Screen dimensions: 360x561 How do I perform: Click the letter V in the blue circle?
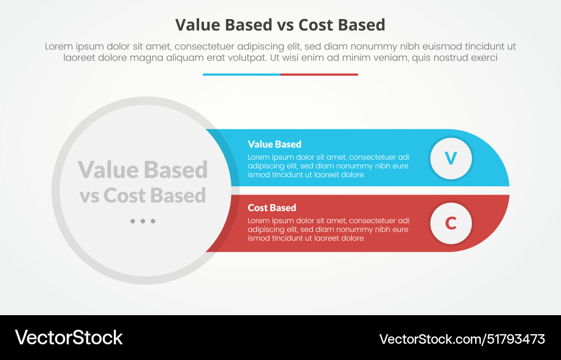pos(451,159)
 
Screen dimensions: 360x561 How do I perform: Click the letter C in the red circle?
pos(451,223)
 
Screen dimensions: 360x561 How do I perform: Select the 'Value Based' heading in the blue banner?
pos(274,144)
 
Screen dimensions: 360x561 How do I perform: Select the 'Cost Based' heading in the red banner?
pos(272,207)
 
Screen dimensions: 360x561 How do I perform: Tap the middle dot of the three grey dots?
pos(142,221)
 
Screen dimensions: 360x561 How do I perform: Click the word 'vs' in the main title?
pos(283,25)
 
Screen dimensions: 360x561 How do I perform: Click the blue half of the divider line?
pos(241,74)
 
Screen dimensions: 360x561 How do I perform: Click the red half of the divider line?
pos(319,74)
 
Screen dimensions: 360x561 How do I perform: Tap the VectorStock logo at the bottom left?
pos(68,338)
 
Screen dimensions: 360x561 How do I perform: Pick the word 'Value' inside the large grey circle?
pos(109,169)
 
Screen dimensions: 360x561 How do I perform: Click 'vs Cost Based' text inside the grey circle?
pos(142,195)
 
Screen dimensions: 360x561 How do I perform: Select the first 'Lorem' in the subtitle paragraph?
pos(58,47)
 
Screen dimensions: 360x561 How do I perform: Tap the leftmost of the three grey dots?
pos(132,221)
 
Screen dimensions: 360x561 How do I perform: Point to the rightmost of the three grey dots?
pos(153,221)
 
